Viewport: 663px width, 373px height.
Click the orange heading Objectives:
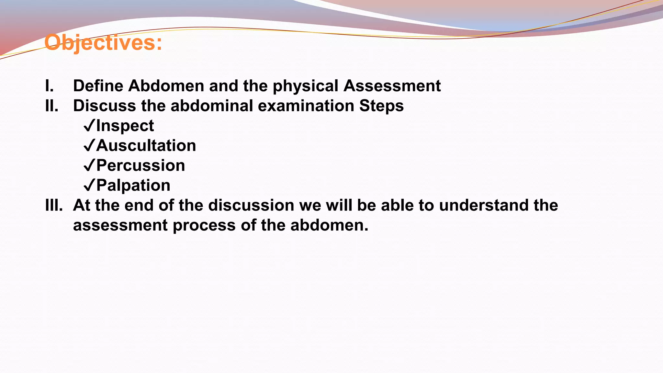[103, 42]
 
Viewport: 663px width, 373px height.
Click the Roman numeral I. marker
[50, 86]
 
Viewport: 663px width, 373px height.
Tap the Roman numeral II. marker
[52, 106]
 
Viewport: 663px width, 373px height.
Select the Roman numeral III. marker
[54, 205]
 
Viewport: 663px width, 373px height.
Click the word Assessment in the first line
[392, 86]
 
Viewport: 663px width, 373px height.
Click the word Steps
[381, 106]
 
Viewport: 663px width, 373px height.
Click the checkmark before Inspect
[89, 126]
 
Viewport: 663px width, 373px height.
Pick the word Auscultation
[146, 146]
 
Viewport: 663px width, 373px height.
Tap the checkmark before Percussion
[89, 166]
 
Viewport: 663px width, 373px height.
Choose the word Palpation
[133, 186]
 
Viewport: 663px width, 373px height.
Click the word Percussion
[140, 166]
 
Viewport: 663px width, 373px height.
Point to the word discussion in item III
[251, 205]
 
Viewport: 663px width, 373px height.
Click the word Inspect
[125, 126]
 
